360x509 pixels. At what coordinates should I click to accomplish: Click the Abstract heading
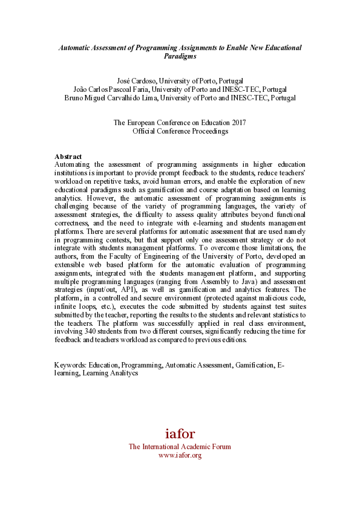point(68,157)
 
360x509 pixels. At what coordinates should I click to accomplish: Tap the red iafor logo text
point(180,433)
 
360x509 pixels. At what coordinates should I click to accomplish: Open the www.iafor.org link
point(180,455)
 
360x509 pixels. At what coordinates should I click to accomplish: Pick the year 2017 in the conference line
point(238,123)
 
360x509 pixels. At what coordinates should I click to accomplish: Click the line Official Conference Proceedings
point(180,131)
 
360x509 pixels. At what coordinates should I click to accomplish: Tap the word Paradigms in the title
point(180,56)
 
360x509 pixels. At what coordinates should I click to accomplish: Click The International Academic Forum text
point(180,447)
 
